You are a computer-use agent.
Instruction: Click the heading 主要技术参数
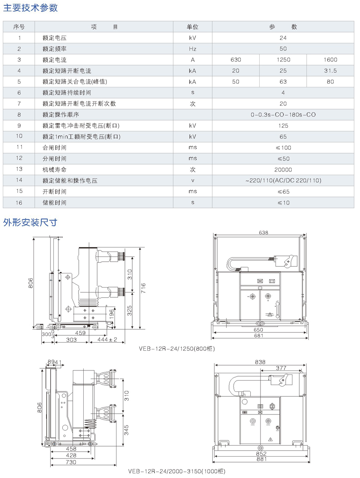pos(31,8)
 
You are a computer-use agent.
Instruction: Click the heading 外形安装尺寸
pos(30,222)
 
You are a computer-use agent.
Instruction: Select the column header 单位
pos(193,27)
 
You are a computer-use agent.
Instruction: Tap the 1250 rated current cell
pos(283,60)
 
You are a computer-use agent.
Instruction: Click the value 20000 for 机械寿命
pos(283,170)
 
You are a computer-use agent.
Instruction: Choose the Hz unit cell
pos(193,49)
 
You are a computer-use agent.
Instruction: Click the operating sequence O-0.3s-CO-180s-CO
pos(283,115)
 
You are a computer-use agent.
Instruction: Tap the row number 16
pos(19,203)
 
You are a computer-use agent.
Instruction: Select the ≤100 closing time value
pos(283,148)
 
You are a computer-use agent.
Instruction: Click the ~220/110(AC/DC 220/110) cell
pos(283,181)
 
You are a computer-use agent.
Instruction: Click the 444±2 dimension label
pos(107,340)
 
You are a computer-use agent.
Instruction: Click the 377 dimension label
pos(281,368)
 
